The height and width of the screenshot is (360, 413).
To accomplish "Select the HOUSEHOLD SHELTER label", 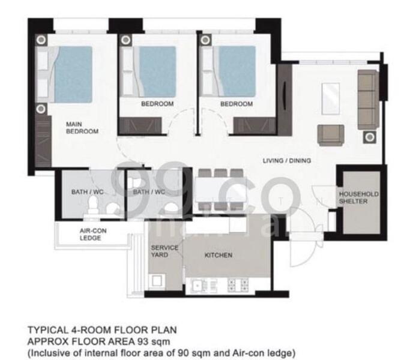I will (358, 198).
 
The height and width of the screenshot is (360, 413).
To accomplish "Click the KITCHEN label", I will (219, 255).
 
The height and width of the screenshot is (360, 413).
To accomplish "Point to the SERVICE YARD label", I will (163, 251).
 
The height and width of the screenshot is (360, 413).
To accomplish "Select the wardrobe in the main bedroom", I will (42, 137).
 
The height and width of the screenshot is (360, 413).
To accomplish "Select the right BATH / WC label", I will (149, 192).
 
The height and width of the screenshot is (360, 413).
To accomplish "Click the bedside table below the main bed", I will (41, 109).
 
